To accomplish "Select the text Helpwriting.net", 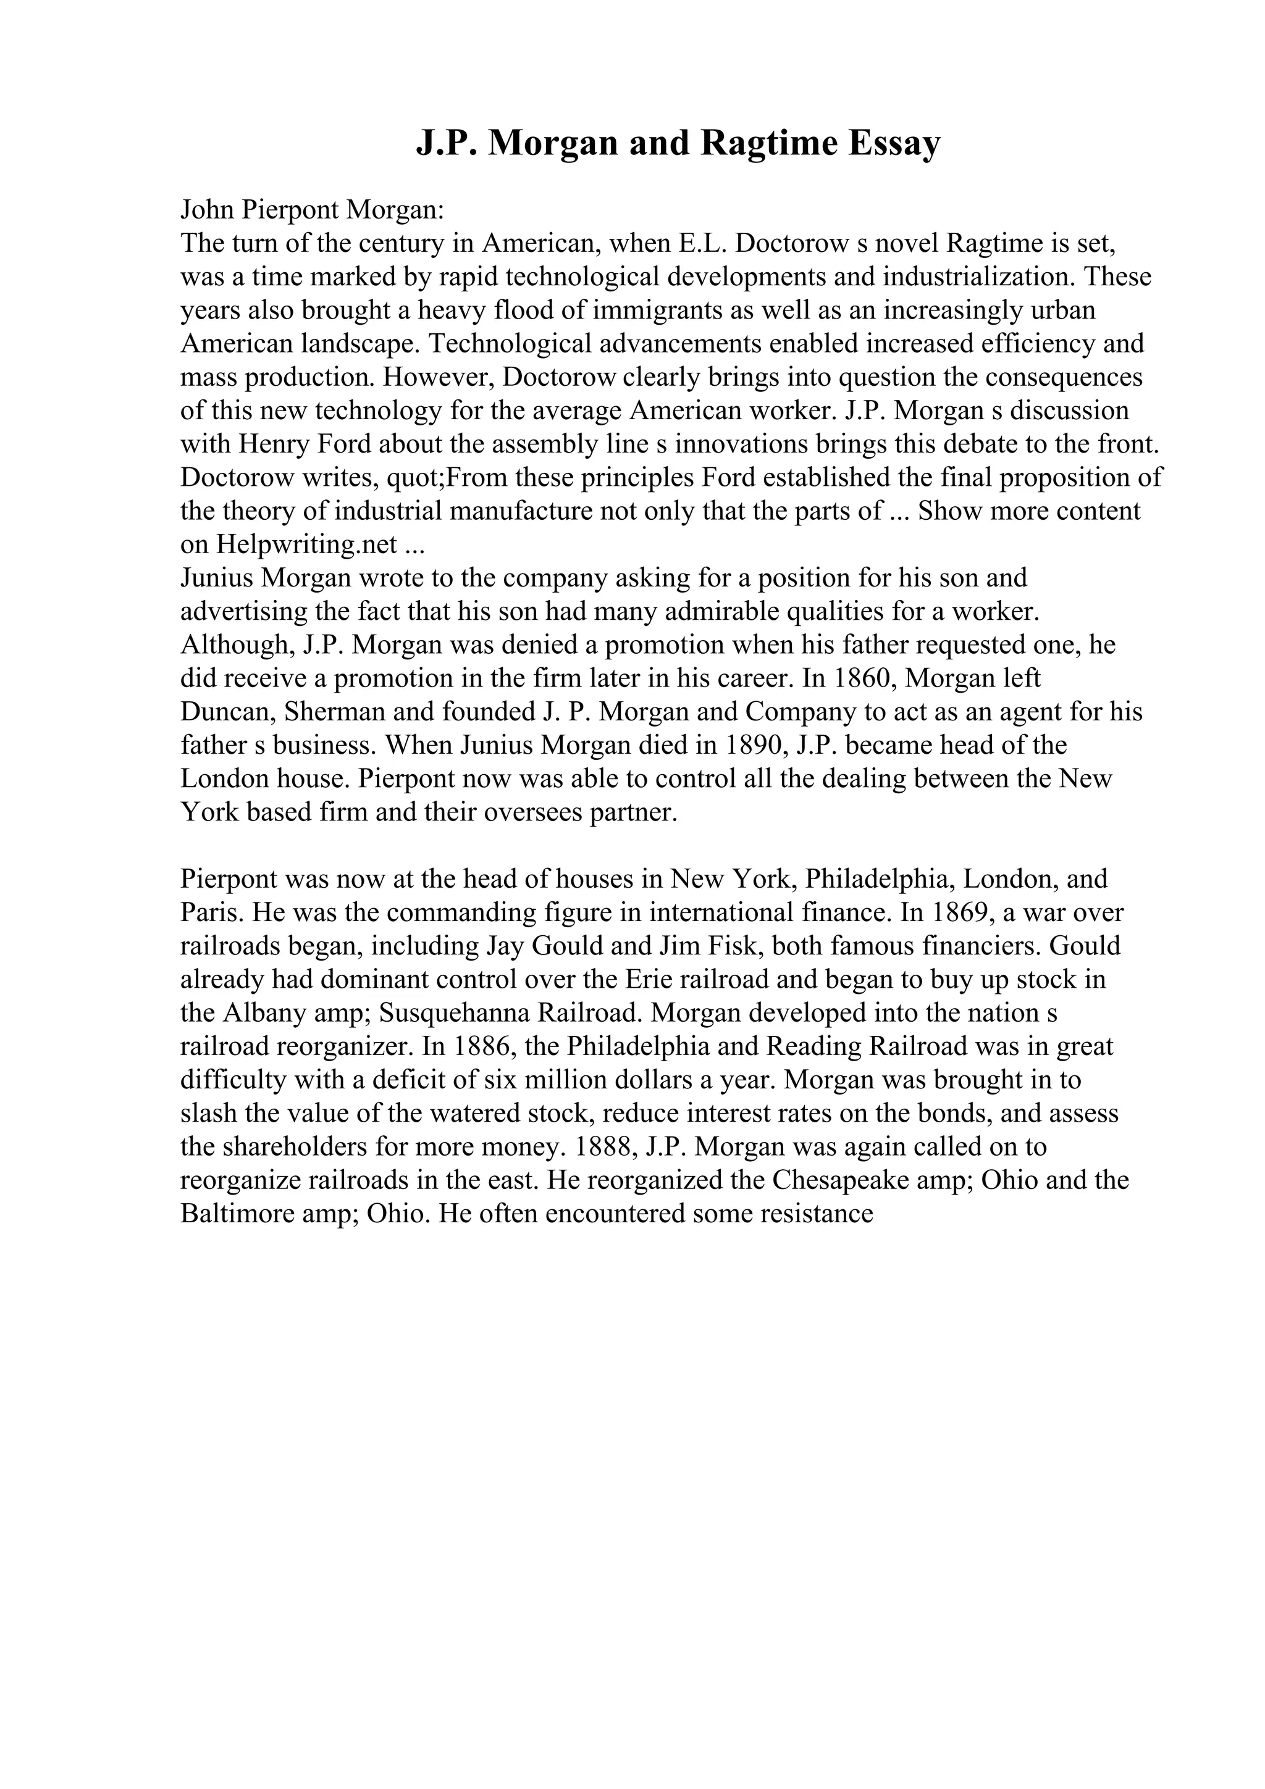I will point(307,544).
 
